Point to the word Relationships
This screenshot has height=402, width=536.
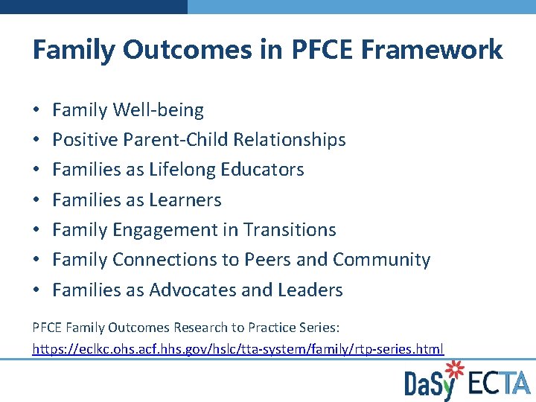290,140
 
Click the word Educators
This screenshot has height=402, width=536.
267,170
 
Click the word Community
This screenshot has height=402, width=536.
381,260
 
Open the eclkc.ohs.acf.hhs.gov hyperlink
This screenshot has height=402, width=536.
238,348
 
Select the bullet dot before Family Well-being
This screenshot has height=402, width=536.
36,111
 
